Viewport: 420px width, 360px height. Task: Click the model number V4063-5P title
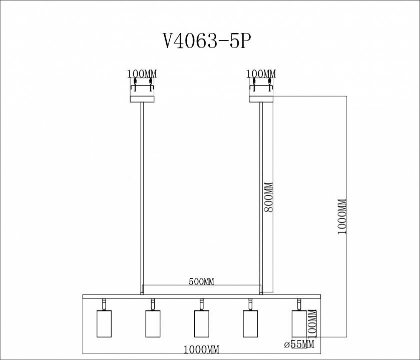(205, 41)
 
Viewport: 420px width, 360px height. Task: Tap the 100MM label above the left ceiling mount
(142, 74)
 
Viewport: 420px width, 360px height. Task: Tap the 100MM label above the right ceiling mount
(261, 74)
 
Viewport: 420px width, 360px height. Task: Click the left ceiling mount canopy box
(143, 92)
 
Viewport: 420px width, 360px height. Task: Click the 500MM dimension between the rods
(201, 281)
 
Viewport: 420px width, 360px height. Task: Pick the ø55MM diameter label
(299, 344)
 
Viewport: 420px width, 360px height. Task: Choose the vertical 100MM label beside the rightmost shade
(313, 322)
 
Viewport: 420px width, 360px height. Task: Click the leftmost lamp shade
(104, 323)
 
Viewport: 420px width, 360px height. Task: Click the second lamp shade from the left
(153, 323)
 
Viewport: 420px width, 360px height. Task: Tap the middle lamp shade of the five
(201, 323)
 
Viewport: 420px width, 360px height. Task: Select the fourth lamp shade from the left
(250, 323)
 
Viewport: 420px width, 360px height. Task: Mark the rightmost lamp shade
(298, 323)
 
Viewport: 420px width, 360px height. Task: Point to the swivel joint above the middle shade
(201, 303)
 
